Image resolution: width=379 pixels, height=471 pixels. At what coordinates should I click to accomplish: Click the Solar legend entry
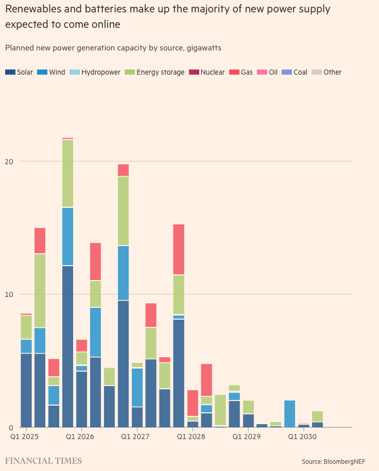(x=19, y=72)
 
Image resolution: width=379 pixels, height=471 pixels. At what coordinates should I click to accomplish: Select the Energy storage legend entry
(x=154, y=72)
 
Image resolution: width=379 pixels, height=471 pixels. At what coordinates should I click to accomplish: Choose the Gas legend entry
(x=242, y=72)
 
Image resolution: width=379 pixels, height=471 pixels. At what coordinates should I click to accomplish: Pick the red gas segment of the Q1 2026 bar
(x=81, y=345)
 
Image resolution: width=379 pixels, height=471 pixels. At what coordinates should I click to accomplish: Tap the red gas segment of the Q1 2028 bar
(x=193, y=403)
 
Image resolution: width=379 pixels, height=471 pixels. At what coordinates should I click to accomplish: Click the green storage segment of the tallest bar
(x=67, y=173)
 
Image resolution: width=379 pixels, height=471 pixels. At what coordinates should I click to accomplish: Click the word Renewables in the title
(x=31, y=9)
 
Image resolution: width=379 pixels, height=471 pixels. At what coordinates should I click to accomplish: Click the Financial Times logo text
(x=43, y=460)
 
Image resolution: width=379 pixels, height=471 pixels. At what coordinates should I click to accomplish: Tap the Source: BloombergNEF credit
(x=337, y=461)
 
